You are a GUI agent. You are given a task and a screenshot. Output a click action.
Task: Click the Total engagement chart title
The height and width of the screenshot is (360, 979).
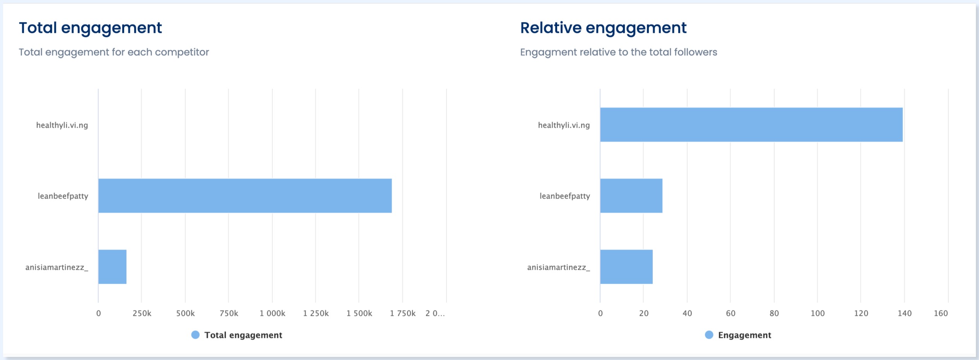90,28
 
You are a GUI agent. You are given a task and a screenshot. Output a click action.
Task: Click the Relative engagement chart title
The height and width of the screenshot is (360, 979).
603,28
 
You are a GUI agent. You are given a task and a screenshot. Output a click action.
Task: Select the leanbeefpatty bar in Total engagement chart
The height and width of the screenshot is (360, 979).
245,196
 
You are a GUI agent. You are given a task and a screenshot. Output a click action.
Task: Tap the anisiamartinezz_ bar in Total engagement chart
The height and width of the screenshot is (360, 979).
112,267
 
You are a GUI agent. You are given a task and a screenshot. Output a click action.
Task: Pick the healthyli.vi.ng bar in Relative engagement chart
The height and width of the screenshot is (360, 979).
751,125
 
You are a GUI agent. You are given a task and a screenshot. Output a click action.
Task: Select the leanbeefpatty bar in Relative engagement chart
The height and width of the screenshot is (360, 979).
631,196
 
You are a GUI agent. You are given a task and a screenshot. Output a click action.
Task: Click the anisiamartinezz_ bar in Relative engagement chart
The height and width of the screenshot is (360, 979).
626,267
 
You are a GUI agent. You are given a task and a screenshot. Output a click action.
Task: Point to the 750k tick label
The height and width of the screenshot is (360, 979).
229,313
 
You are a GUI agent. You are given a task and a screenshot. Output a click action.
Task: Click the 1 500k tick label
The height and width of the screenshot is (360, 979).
359,313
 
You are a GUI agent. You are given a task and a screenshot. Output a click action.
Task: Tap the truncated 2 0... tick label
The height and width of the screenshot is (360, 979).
435,313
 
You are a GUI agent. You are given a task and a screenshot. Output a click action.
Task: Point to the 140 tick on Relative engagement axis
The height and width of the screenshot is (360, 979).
904,313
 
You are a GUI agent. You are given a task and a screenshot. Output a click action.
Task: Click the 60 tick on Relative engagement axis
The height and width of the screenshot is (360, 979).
731,313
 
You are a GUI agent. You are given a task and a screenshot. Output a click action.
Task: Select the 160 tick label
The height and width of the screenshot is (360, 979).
941,313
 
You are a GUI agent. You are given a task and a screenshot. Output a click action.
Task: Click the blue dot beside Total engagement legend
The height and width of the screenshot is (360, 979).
195,335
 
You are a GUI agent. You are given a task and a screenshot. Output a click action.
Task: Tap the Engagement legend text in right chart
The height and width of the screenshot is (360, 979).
745,335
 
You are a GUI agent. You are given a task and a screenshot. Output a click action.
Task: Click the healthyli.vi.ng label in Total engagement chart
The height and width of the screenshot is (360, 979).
62,125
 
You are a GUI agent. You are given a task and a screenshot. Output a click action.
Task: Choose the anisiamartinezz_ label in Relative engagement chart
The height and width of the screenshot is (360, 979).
558,267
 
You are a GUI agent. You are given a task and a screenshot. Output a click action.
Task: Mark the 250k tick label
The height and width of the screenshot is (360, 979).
142,313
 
